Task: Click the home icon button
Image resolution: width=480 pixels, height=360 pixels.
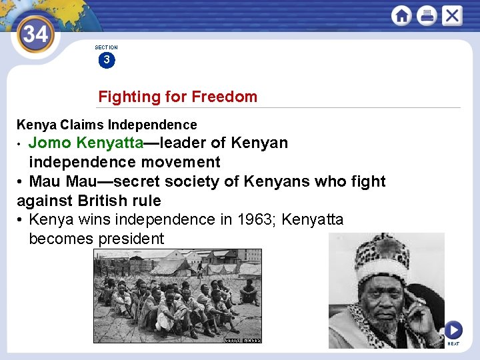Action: (x=402, y=15)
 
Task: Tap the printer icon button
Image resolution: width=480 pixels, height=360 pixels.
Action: (x=427, y=15)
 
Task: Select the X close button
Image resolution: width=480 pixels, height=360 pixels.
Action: (x=451, y=15)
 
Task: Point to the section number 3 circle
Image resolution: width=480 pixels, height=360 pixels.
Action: (x=106, y=61)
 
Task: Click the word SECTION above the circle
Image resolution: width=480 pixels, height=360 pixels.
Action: (x=106, y=47)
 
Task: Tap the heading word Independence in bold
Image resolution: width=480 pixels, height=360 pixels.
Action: (x=153, y=125)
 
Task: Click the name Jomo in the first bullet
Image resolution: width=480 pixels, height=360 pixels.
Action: (x=51, y=143)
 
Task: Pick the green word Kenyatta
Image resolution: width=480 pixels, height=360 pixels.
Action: (x=110, y=143)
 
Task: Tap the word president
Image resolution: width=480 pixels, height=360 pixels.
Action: (x=131, y=239)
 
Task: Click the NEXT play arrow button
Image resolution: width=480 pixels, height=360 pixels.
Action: (x=453, y=330)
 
